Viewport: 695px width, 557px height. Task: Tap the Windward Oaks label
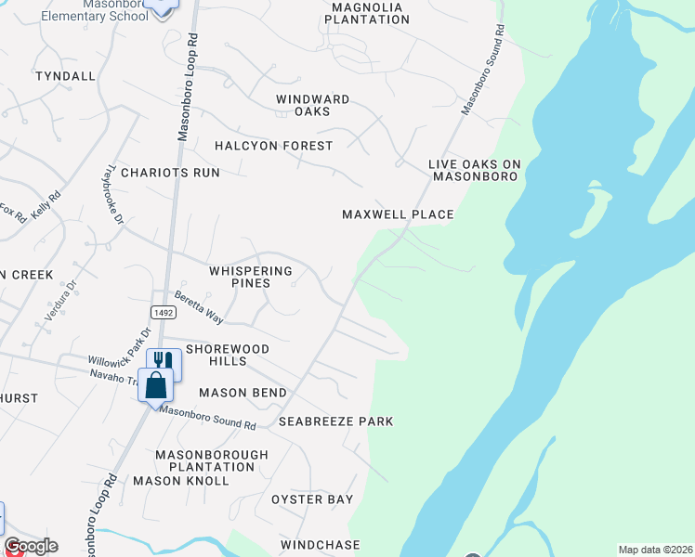click(x=312, y=105)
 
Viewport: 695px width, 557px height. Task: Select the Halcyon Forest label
click(x=273, y=146)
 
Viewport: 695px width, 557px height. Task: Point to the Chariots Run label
click(x=170, y=173)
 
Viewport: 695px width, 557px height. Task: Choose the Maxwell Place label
click(x=398, y=214)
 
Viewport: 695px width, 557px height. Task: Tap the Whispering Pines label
click(x=251, y=277)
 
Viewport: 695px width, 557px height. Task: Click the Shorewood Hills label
click(x=228, y=355)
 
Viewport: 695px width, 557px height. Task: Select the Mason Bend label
click(x=243, y=393)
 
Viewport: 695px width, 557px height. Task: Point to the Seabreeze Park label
click(x=336, y=421)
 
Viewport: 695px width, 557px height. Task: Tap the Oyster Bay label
click(x=312, y=499)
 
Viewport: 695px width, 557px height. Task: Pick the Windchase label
click(x=320, y=544)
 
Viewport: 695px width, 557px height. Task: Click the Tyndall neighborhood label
click(x=65, y=76)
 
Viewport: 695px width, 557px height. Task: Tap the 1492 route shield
click(x=163, y=313)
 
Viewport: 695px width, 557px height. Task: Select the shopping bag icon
click(x=156, y=383)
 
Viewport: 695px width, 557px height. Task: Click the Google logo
click(x=31, y=546)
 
